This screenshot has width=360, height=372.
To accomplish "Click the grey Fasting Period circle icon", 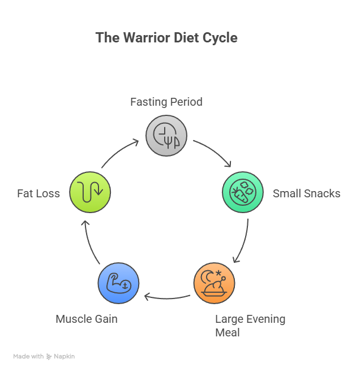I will pyautogui.click(x=166, y=136).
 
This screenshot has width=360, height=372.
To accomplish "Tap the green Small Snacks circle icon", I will pyautogui.click(x=242, y=192).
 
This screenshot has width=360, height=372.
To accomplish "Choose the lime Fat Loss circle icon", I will pyautogui.click(x=90, y=192).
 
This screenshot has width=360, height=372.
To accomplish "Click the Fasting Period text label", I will pyautogui.click(x=166, y=102).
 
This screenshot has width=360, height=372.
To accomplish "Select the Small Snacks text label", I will pyautogui.click(x=306, y=193).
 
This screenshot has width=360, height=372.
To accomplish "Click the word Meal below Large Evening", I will pyautogui.click(x=227, y=332).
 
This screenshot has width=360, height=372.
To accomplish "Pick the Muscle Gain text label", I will pyautogui.click(x=87, y=319).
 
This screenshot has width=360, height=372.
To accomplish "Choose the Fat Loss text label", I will pyautogui.click(x=38, y=193).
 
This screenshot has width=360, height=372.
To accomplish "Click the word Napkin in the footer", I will pyautogui.click(x=64, y=357).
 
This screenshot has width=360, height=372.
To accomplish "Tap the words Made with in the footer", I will pyautogui.click(x=28, y=357).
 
